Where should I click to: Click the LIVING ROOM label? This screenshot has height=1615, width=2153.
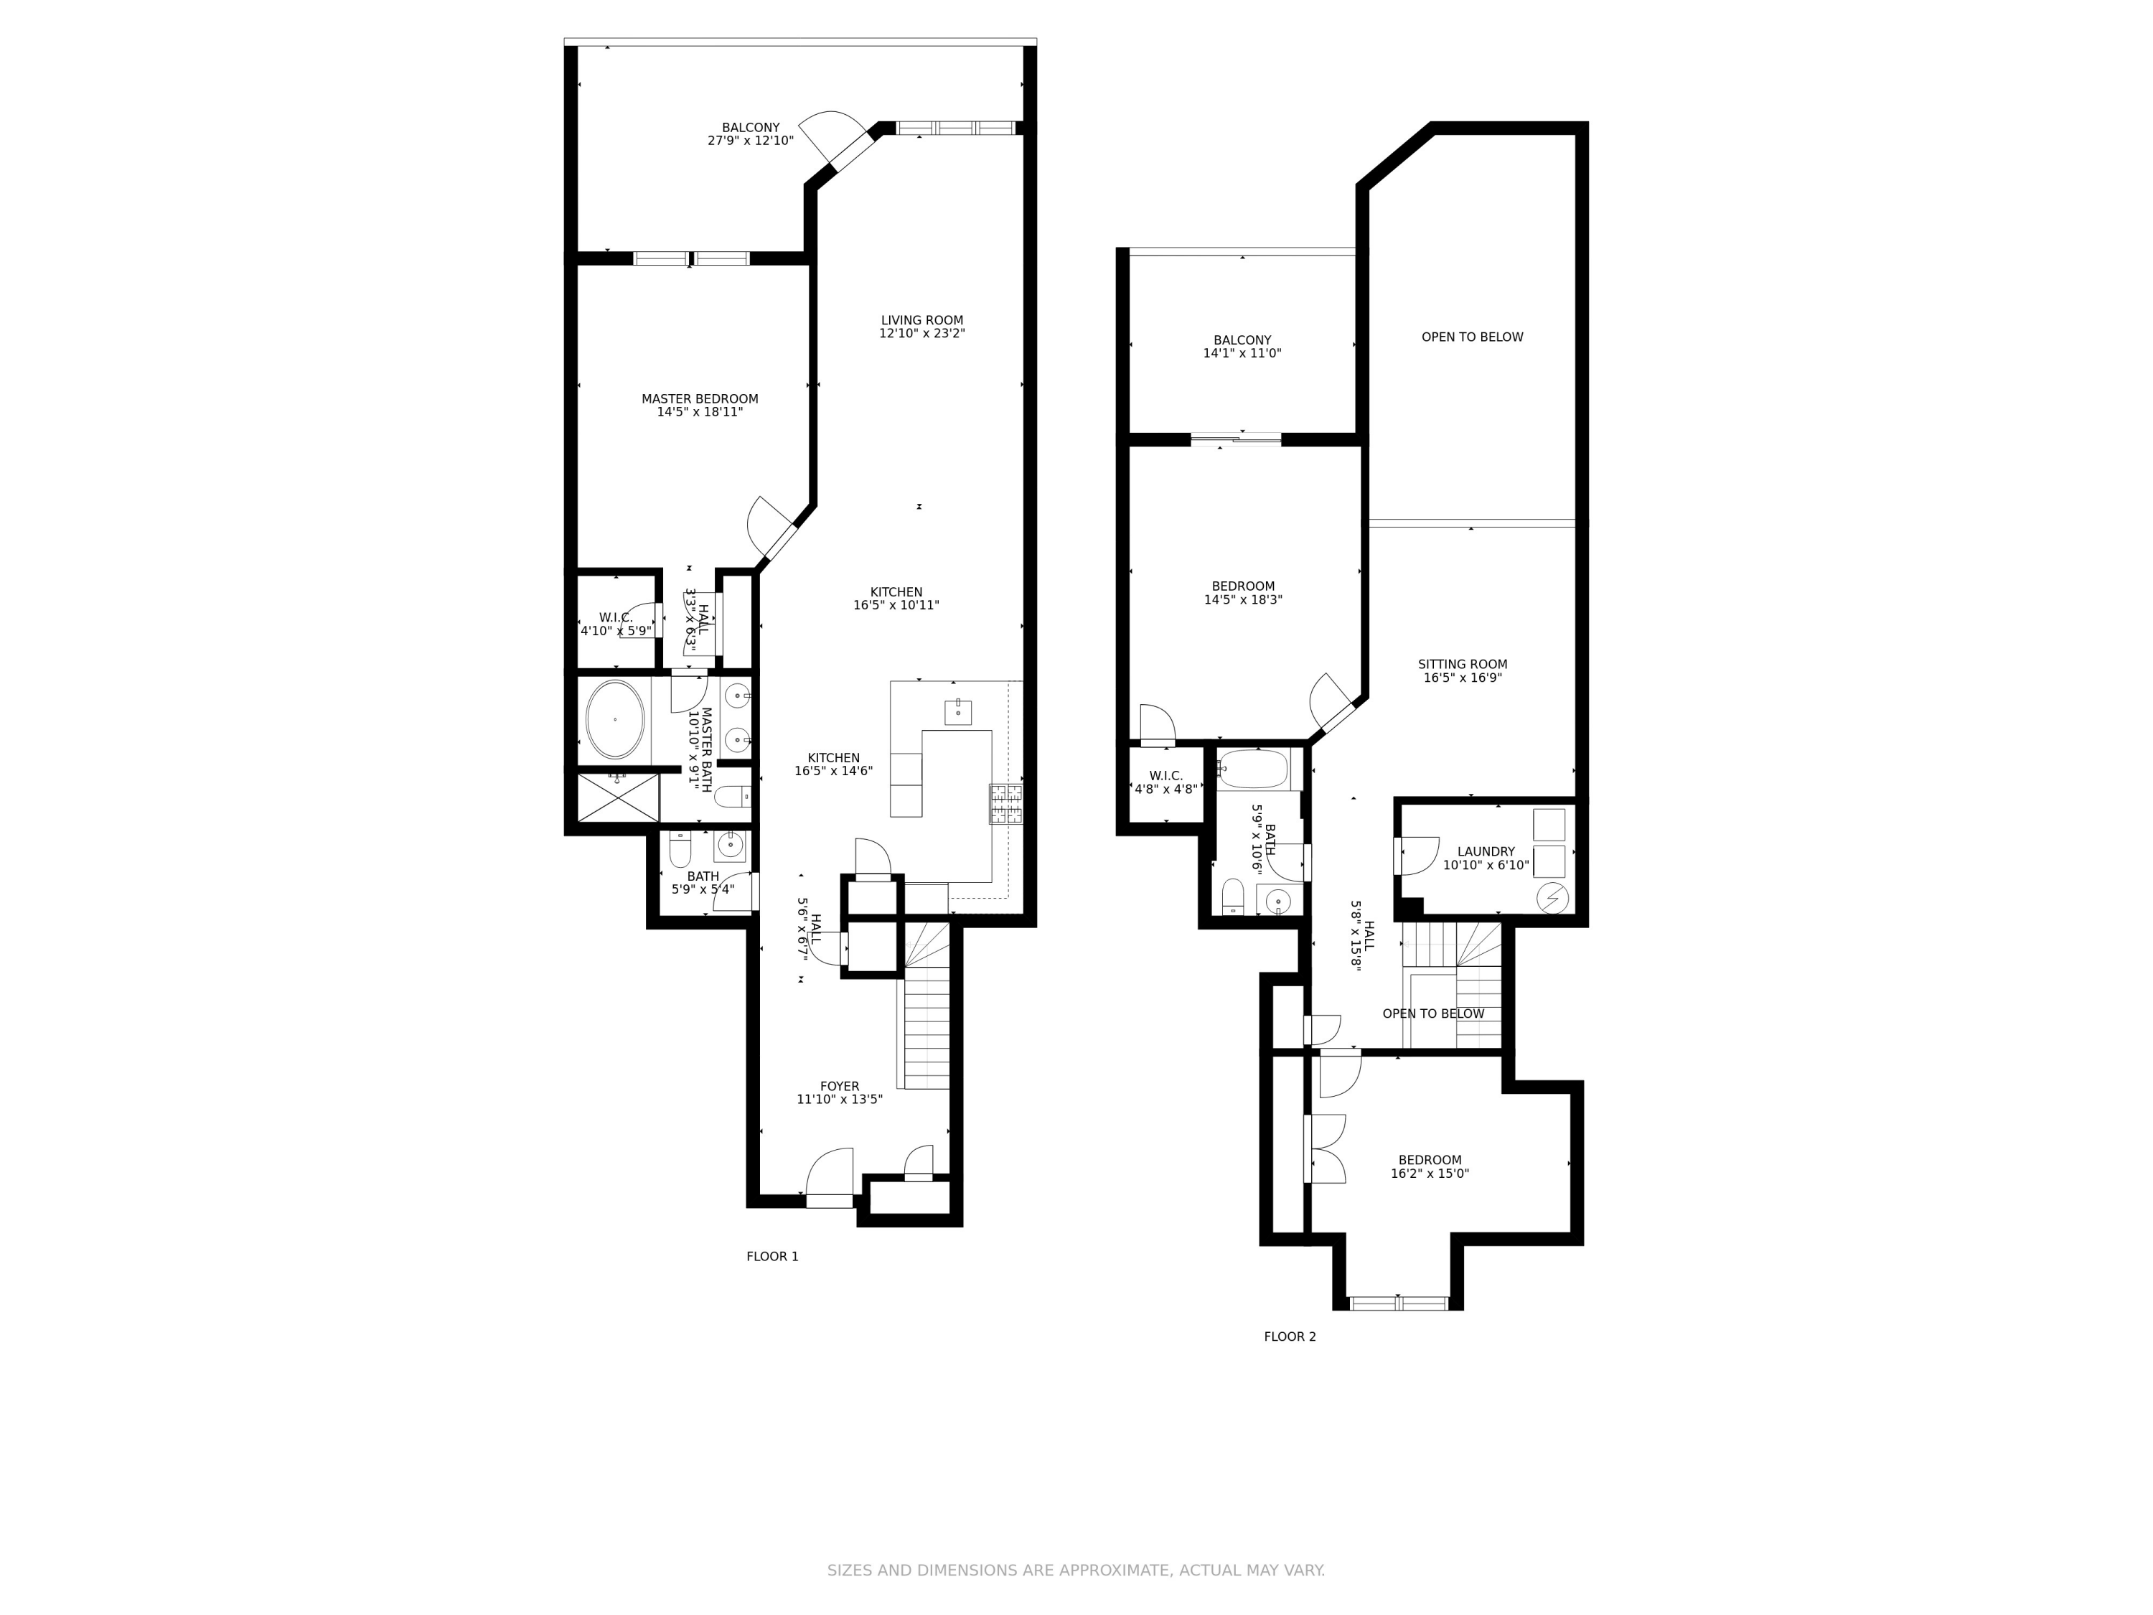[921, 320]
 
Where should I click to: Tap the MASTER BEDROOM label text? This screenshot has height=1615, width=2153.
[699, 399]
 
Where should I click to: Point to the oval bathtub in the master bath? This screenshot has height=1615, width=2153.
[614, 719]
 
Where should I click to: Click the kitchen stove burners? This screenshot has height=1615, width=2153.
[1005, 804]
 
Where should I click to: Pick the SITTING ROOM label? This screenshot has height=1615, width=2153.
[1462, 665]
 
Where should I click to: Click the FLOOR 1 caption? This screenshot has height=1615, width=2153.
[771, 1257]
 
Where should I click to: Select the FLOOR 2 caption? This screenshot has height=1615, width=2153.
[1290, 1337]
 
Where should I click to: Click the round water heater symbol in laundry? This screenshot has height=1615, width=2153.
[1552, 897]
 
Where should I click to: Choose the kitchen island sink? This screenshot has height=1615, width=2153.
[958, 711]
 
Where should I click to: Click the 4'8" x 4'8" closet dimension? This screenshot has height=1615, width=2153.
[1165, 790]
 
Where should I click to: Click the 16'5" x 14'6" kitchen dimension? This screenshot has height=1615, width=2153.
[833, 771]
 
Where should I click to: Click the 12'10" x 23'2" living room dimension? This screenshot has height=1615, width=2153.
[921, 334]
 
